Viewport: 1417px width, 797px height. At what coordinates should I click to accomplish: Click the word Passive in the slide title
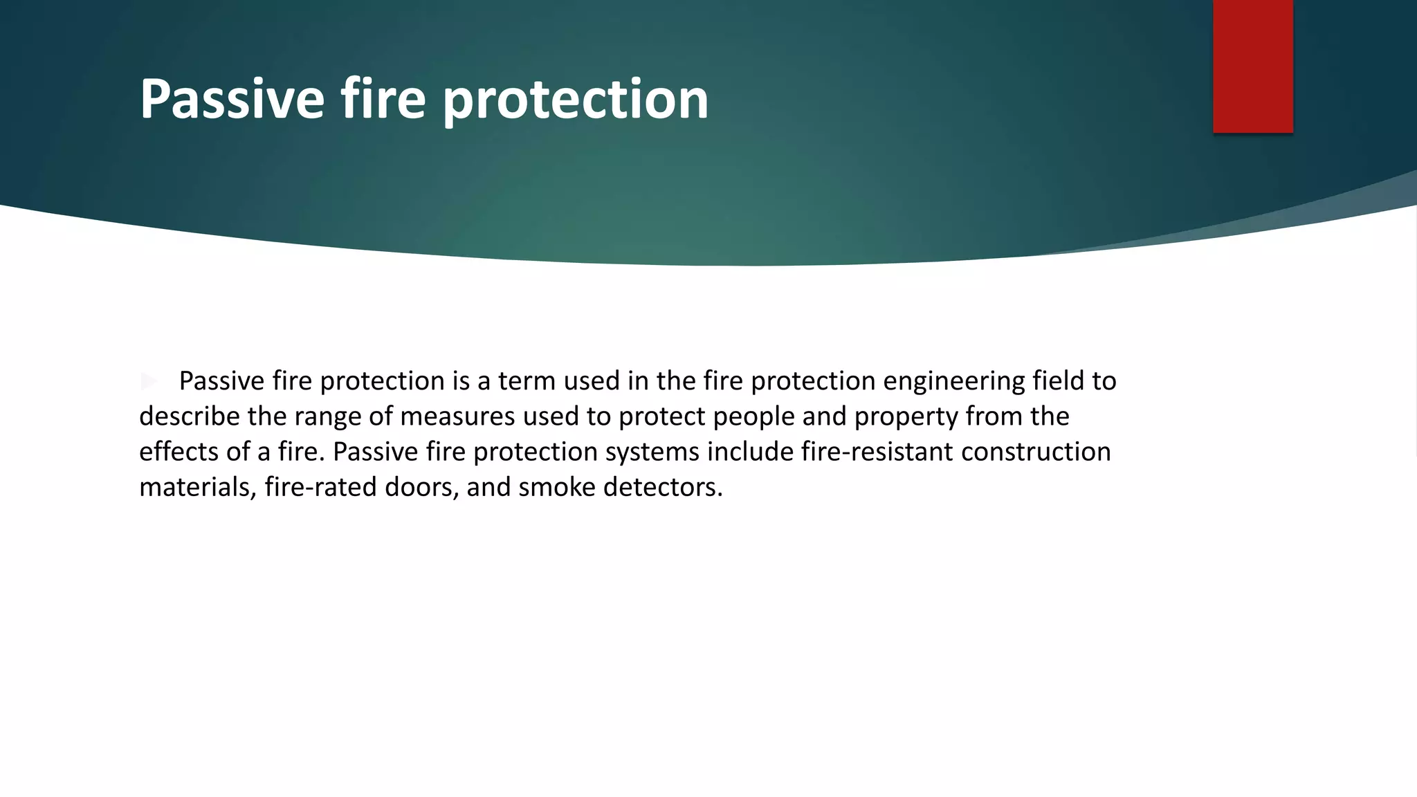(x=232, y=99)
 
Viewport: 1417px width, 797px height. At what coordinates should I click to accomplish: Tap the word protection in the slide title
(x=575, y=99)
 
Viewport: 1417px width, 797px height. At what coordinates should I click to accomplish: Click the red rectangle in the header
(x=1252, y=66)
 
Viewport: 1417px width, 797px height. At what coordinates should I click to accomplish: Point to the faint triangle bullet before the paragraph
(x=148, y=381)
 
